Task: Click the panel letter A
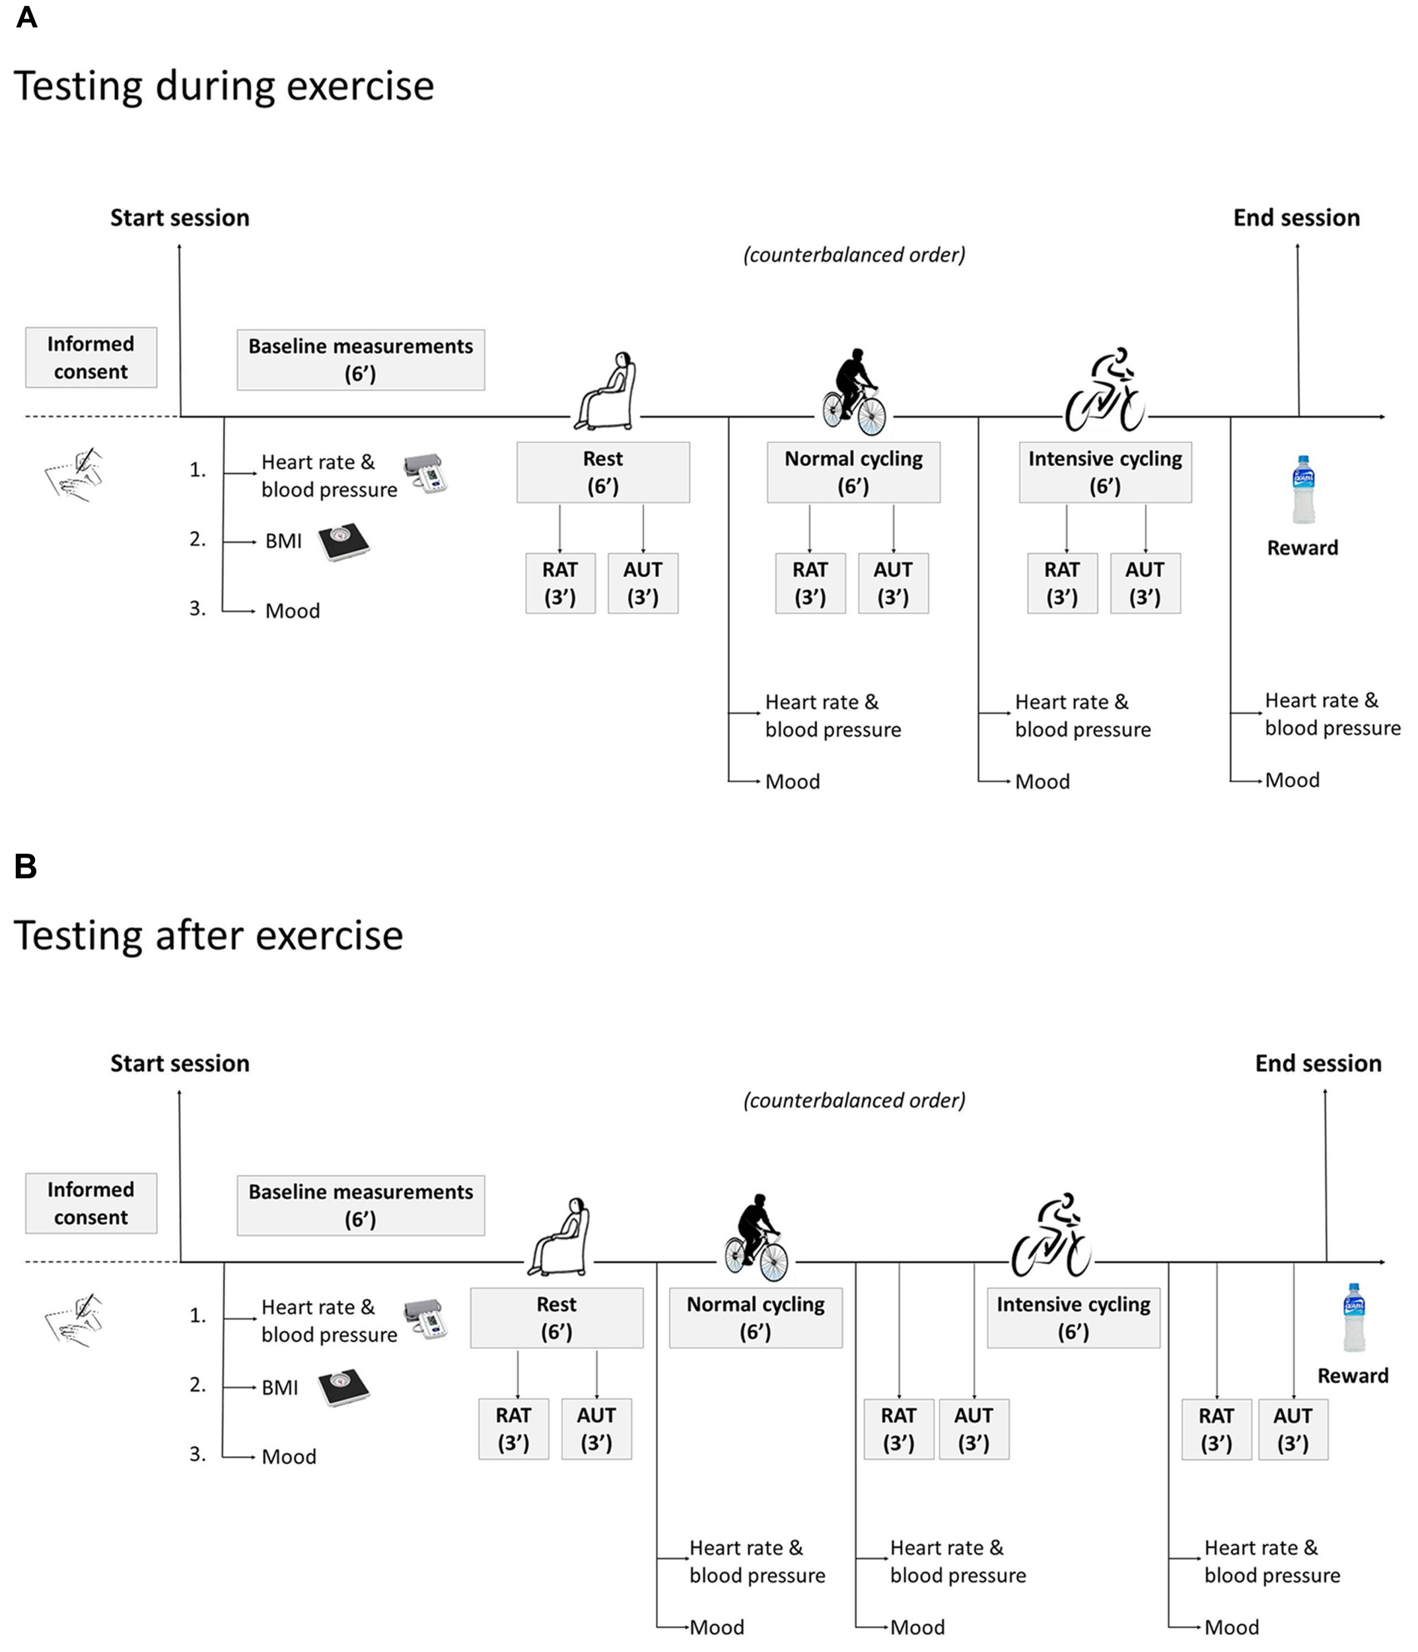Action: pyautogui.click(x=26, y=18)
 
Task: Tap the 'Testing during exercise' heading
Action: pyautogui.click(x=224, y=86)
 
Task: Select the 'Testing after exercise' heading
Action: pyautogui.click(x=209, y=935)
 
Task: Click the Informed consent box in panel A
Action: pyautogui.click(x=91, y=357)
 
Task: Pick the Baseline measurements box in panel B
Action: pyautogui.click(x=360, y=1205)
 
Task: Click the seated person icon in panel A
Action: pyautogui.click(x=608, y=391)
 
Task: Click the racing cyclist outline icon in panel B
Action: pyautogui.click(x=1051, y=1235)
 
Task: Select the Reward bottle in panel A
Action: pyautogui.click(x=1302, y=490)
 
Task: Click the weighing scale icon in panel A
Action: pyautogui.click(x=344, y=542)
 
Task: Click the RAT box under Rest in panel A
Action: pyautogui.click(x=559, y=583)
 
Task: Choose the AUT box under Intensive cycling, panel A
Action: pyautogui.click(x=1145, y=583)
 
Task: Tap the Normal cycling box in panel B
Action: pyautogui.click(x=755, y=1317)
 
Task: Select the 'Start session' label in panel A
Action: pyautogui.click(x=180, y=217)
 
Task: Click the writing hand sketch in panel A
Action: pyautogui.click(x=76, y=474)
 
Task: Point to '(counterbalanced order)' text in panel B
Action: pyautogui.click(x=854, y=1100)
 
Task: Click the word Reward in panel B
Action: pyautogui.click(x=1352, y=1375)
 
